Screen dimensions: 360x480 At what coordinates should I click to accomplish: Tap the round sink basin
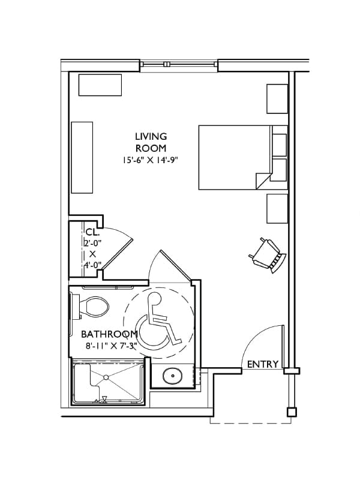click(173, 376)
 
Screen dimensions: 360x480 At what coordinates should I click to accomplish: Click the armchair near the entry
click(268, 255)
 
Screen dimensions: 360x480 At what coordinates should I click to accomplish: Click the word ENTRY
click(263, 364)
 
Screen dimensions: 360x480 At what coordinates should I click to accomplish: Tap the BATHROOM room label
click(109, 334)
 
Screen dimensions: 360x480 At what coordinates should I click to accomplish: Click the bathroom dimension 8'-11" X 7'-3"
click(111, 346)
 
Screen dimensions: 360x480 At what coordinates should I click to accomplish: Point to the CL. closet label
click(92, 232)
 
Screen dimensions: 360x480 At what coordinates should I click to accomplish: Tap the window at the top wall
click(179, 64)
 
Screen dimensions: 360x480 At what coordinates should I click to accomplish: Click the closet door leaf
click(117, 254)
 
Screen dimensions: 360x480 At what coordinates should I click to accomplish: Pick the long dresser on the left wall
click(82, 157)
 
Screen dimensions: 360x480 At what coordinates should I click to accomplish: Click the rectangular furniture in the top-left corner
click(100, 85)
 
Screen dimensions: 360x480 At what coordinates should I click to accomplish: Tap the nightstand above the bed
click(277, 98)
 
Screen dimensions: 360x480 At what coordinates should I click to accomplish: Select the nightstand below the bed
click(277, 208)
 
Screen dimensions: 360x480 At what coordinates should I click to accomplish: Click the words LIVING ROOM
click(151, 142)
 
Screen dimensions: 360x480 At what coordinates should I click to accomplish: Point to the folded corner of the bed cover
click(263, 180)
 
